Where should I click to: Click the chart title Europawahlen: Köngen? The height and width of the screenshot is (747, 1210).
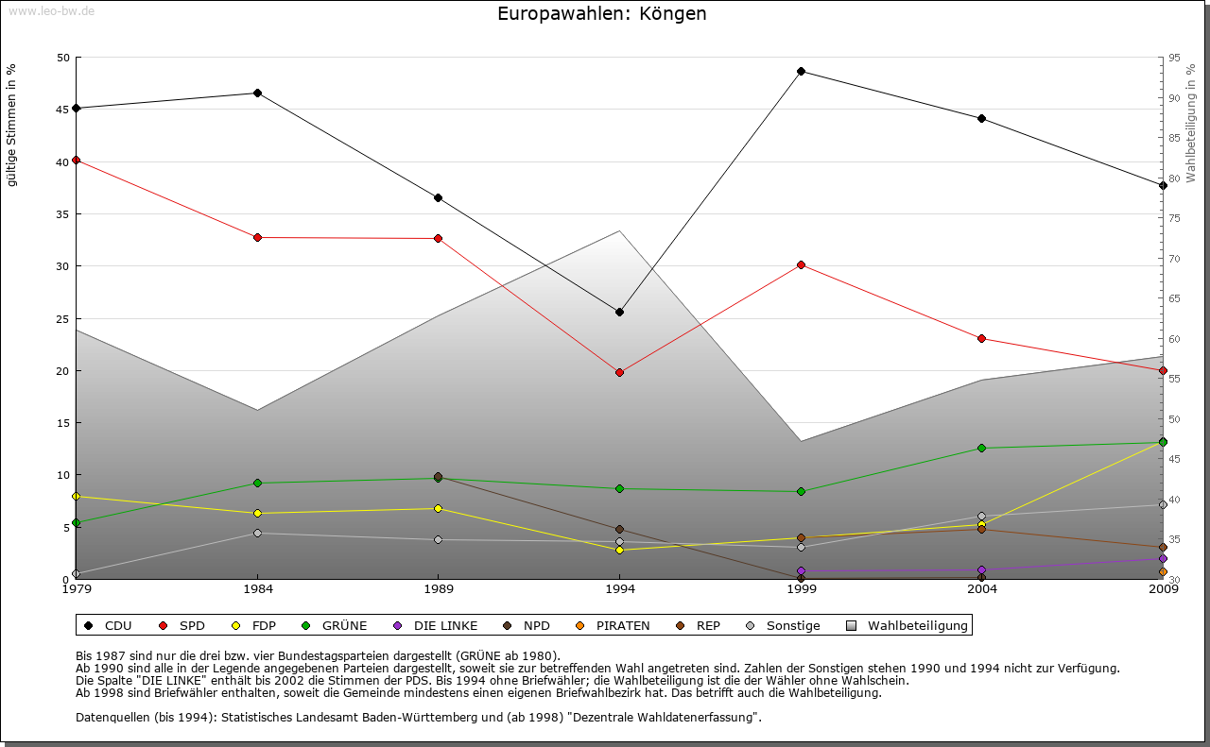coord(602,14)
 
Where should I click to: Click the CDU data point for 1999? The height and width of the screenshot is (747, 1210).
coord(801,72)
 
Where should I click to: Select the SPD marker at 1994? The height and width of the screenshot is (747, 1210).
coord(619,372)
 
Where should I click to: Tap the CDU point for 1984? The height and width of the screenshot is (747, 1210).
coord(257,93)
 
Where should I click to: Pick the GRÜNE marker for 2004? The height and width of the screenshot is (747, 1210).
coord(982,448)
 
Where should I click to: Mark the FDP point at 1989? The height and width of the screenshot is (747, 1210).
coord(438,508)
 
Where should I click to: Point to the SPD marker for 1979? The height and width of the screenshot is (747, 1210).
coord(77,161)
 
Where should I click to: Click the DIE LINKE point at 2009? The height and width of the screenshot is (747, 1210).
coord(1163,558)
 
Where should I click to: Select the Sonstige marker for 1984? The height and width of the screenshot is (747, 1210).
coord(257,534)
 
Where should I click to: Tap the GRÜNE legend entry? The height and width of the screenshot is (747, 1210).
coord(336,625)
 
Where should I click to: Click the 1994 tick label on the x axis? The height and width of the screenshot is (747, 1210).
coord(619,591)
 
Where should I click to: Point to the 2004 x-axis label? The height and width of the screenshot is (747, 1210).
coord(982,591)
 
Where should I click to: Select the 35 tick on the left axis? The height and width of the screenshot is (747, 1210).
coord(63,214)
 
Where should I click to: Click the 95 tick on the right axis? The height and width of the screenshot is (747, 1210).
coord(1174,58)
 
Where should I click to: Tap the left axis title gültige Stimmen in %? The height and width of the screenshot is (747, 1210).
coord(12,126)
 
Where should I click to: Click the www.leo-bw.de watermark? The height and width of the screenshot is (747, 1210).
coord(51,10)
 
